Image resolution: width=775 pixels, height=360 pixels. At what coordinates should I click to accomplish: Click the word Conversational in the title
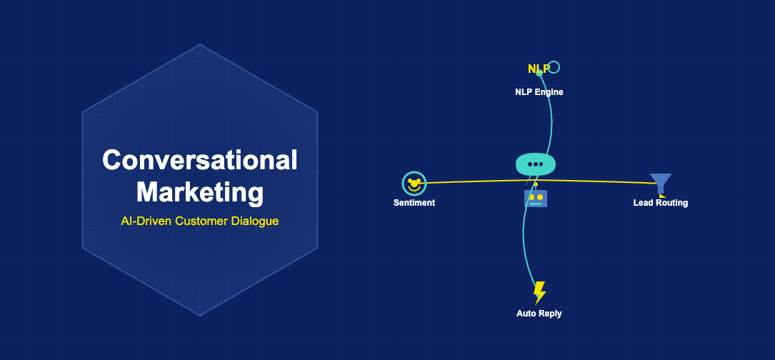tap(200, 160)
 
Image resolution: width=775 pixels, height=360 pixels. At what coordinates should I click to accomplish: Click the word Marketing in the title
tap(200, 191)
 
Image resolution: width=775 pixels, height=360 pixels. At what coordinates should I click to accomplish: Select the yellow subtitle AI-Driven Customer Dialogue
tap(200, 221)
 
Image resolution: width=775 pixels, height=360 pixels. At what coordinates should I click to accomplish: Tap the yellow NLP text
tap(538, 69)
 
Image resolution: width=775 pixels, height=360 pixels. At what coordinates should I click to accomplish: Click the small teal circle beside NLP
tap(554, 67)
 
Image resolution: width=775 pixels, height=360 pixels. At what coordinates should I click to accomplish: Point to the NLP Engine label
tap(539, 91)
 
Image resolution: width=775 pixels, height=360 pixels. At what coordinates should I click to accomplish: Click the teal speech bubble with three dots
tap(535, 164)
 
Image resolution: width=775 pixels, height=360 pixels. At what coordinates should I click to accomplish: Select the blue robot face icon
tap(536, 198)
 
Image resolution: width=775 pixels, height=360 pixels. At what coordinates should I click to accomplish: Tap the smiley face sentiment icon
tap(414, 184)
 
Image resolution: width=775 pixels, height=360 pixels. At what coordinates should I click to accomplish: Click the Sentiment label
tap(414, 203)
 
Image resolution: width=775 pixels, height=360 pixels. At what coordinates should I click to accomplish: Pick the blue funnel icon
tap(660, 183)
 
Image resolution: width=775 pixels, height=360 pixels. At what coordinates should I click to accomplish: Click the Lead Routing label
tap(661, 203)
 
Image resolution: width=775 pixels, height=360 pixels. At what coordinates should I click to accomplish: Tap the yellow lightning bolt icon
tap(540, 292)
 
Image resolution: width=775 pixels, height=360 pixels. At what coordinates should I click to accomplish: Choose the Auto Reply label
tap(539, 314)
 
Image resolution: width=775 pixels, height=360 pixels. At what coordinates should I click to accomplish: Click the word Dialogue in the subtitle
tap(254, 221)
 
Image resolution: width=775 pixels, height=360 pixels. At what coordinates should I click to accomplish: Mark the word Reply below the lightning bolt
tap(551, 314)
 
